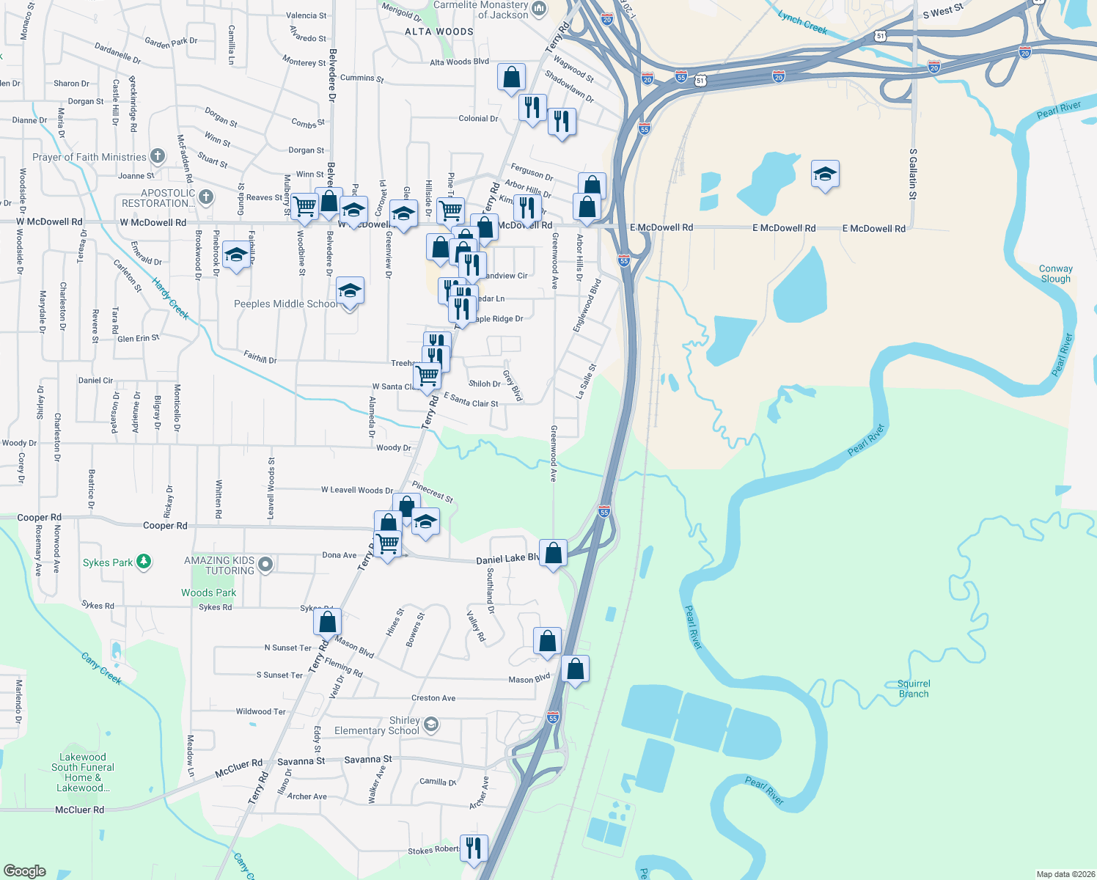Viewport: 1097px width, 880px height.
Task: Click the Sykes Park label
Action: tap(108, 562)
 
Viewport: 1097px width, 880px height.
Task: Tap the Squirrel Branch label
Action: tap(914, 689)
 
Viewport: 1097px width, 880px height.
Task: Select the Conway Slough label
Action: tap(1055, 274)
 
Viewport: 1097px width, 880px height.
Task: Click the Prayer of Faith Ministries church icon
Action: tap(158, 155)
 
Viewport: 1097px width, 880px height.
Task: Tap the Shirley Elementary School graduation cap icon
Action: tap(431, 725)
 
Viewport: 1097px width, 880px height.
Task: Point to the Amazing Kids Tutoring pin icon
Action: tap(266, 564)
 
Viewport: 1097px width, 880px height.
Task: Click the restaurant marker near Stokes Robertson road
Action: tap(473, 848)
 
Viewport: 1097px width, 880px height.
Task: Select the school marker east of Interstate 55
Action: tap(825, 174)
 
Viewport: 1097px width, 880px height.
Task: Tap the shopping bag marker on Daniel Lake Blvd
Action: tap(553, 552)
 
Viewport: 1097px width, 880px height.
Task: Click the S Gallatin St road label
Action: tap(913, 174)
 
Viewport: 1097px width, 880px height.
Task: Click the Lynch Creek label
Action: tap(802, 23)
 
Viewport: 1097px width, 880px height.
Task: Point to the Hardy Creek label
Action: tap(171, 298)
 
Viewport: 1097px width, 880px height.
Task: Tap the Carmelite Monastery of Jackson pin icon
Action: tap(540, 9)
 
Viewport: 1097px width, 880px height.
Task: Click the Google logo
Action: tap(25, 870)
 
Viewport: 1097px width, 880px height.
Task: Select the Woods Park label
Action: tap(209, 593)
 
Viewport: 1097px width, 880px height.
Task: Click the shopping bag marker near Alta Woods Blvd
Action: tap(511, 77)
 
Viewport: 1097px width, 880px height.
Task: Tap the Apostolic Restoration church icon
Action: tap(206, 197)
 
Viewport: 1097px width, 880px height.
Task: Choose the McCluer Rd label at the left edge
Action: tap(79, 810)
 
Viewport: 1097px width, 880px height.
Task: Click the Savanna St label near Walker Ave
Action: tap(368, 759)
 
